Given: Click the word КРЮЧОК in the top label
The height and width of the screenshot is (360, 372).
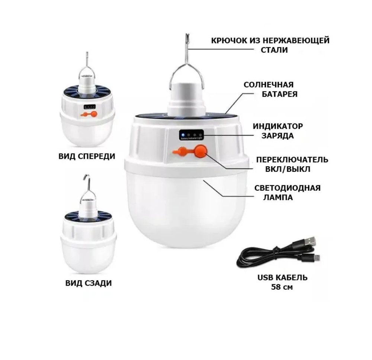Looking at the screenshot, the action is tap(229, 41).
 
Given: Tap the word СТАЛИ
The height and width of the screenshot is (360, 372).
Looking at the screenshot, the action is tap(274, 50).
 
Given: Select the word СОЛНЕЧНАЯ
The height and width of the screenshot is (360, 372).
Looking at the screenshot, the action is tap(269, 85).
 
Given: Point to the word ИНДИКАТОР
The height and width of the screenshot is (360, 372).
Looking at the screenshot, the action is tap(278, 126).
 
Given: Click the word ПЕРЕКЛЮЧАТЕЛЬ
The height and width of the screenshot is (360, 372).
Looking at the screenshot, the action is tap(292, 160).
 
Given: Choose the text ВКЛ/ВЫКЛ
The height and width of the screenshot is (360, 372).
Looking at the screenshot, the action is tap(288, 169).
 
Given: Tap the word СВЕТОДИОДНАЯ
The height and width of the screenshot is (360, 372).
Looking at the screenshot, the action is tap(287, 188).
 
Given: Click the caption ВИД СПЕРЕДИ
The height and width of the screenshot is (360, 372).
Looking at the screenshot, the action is tap(87, 156).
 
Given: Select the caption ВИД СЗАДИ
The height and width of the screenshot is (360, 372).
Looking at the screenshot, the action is tap(89, 283).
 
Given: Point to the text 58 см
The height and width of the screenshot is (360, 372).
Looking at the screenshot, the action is tap(282, 287).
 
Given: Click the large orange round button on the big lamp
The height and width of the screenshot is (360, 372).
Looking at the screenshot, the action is tap(201, 151).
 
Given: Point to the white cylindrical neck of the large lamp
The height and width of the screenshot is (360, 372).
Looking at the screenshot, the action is tap(186, 100).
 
